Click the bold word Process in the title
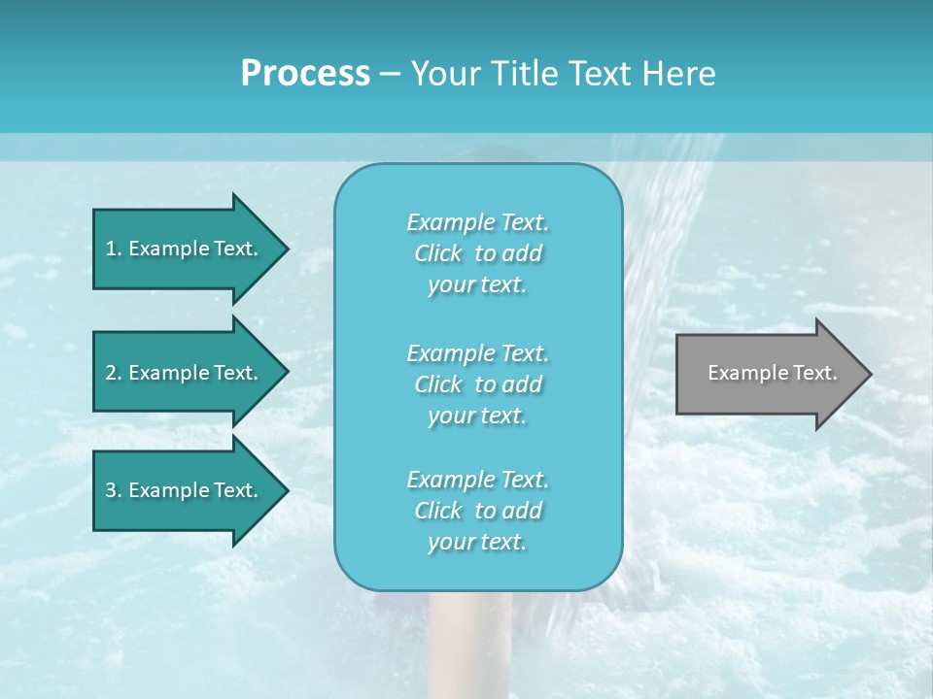[305, 74]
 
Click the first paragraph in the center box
[477, 253]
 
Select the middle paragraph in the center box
[477, 384]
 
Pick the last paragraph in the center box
[477, 511]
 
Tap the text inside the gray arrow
[773, 373]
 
